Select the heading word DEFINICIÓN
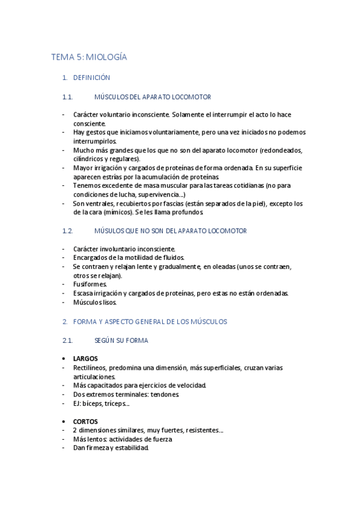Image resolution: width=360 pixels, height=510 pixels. (x=91, y=78)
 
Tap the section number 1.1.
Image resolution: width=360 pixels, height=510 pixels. (x=67, y=97)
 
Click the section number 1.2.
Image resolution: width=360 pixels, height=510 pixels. (x=67, y=230)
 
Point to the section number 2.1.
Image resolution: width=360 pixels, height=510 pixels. (x=67, y=340)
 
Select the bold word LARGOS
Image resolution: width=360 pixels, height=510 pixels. (x=85, y=358)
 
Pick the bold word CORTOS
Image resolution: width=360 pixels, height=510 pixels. (x=85, y=422)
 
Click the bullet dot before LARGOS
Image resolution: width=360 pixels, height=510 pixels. (x=64, y=358)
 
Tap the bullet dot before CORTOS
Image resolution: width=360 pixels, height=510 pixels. (x=64, y=422)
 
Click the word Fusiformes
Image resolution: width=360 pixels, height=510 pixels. (x=90, y=284)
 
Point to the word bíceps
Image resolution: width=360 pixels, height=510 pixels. (x=94, y=404)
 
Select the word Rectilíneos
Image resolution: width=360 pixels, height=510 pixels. (x=92, y=367)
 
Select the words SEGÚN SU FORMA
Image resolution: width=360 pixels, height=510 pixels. (x=121, y=340)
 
